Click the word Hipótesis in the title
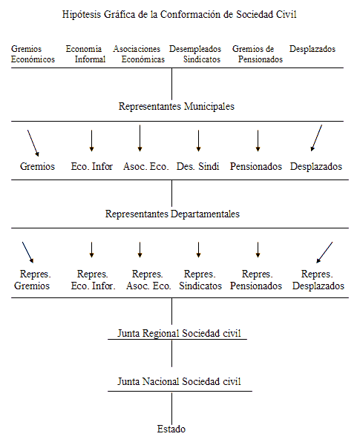(x=82, y=15)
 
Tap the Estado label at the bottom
(x=171, y=429)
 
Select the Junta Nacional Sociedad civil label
(x=180, y=382)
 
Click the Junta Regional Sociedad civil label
(x=180, y=334)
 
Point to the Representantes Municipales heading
(x=177, y=107)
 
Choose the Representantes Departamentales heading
(x=172, y=214)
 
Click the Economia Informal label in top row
(x=85, y=54)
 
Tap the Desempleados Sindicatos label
(x=195, y=54)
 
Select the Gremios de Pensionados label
(x=258, y=54)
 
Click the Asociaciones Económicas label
(x=139, y=54)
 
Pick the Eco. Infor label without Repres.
(x=92, y=167)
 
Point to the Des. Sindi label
(x=198, y=167)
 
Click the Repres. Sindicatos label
(x=200, y=280)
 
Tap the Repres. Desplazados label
(x=318, y=280)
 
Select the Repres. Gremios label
(x=33, y=280)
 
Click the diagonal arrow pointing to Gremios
(x=33, y=143)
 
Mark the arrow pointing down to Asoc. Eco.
(x=140, y=138)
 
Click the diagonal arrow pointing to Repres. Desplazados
(x=324, y=252)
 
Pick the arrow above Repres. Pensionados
(x=258, y=250)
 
